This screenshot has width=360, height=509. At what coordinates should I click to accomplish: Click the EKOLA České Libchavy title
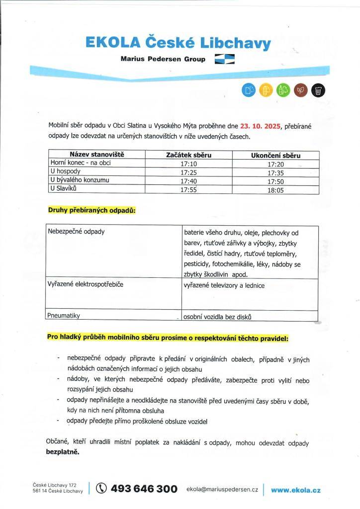coord(178,43)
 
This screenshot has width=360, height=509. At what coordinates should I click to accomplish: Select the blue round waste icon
coord(248,89)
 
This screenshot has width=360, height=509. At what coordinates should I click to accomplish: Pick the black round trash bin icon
coord(318,89)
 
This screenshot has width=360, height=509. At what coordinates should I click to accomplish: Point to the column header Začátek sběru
coord(188,155)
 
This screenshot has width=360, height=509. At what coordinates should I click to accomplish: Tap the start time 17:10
coord(188,164)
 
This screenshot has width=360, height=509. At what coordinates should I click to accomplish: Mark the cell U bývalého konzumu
coord(80,180)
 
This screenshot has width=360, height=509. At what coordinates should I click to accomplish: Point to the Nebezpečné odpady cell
coord(76,232)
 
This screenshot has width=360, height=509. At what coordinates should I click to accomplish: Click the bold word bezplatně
coord(63,453)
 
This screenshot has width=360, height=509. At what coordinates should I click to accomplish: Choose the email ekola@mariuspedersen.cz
coord(222,490)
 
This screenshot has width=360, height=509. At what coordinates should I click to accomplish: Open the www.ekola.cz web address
coord(296,490)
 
